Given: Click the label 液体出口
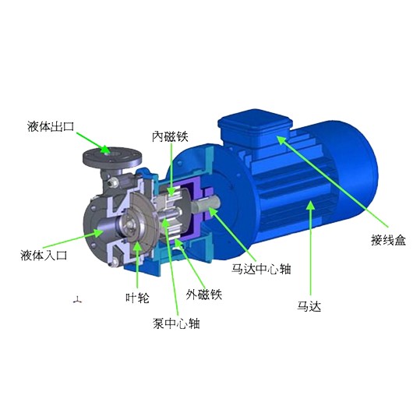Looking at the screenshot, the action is (x=51, y=126).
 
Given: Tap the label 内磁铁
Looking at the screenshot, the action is (x=170, y=136).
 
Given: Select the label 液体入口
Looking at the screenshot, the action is (x=44, y=256).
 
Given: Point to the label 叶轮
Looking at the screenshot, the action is (x=137, y=298).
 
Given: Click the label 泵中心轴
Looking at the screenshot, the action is (x=176, y=323).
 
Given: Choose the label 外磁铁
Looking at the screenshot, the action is (x=204, y=294).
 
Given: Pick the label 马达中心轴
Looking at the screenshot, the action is (x=261, y=269).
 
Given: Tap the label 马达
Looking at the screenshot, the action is (x=309, y=306).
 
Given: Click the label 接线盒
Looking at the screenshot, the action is (x=389, y=240).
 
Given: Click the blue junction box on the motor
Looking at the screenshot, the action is (x=255, y=132).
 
